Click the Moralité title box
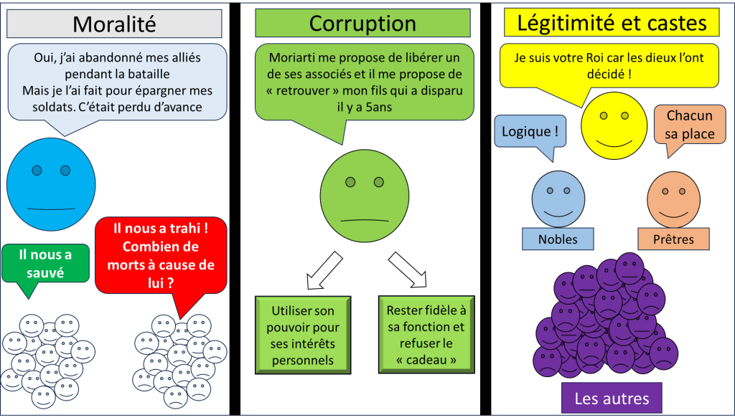point(114,24)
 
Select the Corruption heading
point(362,24)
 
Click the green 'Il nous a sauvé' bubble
point(46,263)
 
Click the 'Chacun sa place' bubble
point(690,125)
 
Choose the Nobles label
point(558,239)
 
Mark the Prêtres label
point(674,239)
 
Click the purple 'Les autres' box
point(612,398)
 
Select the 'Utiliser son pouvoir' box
point(302,335)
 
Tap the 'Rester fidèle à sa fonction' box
point(426,335)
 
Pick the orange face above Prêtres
point(673,196)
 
